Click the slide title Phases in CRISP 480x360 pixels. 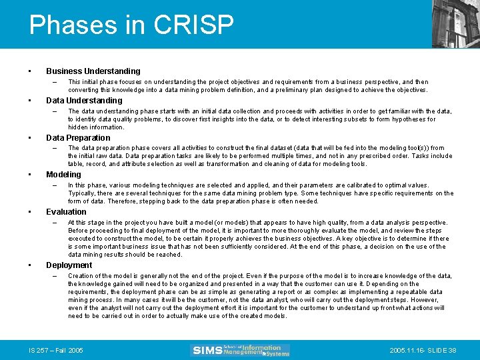click(x=131, y=25)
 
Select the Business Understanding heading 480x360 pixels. click(x=93, y=71)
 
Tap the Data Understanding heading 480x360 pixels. click(x=84, y=101)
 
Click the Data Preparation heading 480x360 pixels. click(x=78, y=138)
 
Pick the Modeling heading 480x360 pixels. click(x=63, y=175)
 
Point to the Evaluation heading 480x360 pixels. click(x=66, y=212)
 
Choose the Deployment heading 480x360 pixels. click(x=69, y=265)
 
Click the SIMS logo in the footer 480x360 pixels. click(x=241, y=350)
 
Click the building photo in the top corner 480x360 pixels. click(x=455, y=23)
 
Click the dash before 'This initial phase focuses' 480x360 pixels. click(x=54, y=82)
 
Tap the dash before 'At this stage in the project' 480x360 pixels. click(x=54, y=223)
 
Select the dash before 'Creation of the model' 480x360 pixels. click(x=54, y=276)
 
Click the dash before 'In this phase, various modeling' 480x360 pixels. click(x=54, y=185)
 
